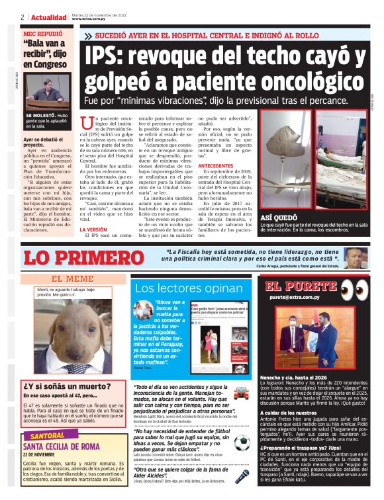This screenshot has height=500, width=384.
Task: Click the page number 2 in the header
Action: [23, 17]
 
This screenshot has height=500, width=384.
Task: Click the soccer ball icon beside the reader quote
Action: [242, 442]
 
